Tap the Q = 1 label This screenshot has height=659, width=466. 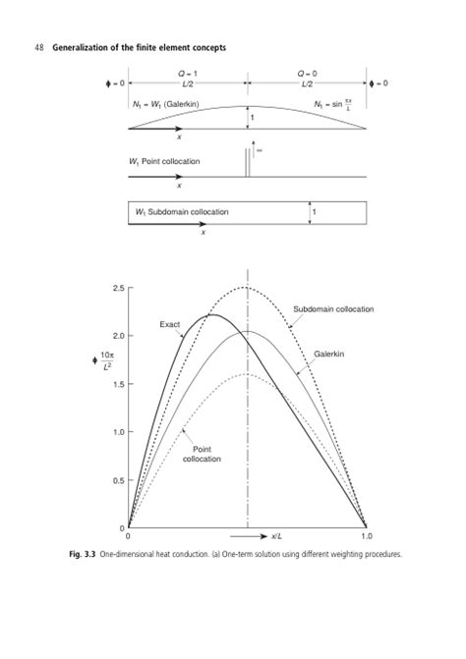click(184, 73)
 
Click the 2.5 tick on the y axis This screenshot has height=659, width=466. click(117, 287)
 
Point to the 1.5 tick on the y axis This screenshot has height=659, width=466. click(117, 384)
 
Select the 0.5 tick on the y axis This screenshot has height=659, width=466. click(117, 480)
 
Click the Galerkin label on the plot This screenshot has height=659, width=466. click(329, 354)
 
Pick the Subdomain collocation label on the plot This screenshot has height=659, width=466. click(333, 309)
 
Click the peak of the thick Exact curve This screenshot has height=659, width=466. click(211, 315)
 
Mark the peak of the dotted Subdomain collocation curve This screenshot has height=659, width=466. click(246, 287)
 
